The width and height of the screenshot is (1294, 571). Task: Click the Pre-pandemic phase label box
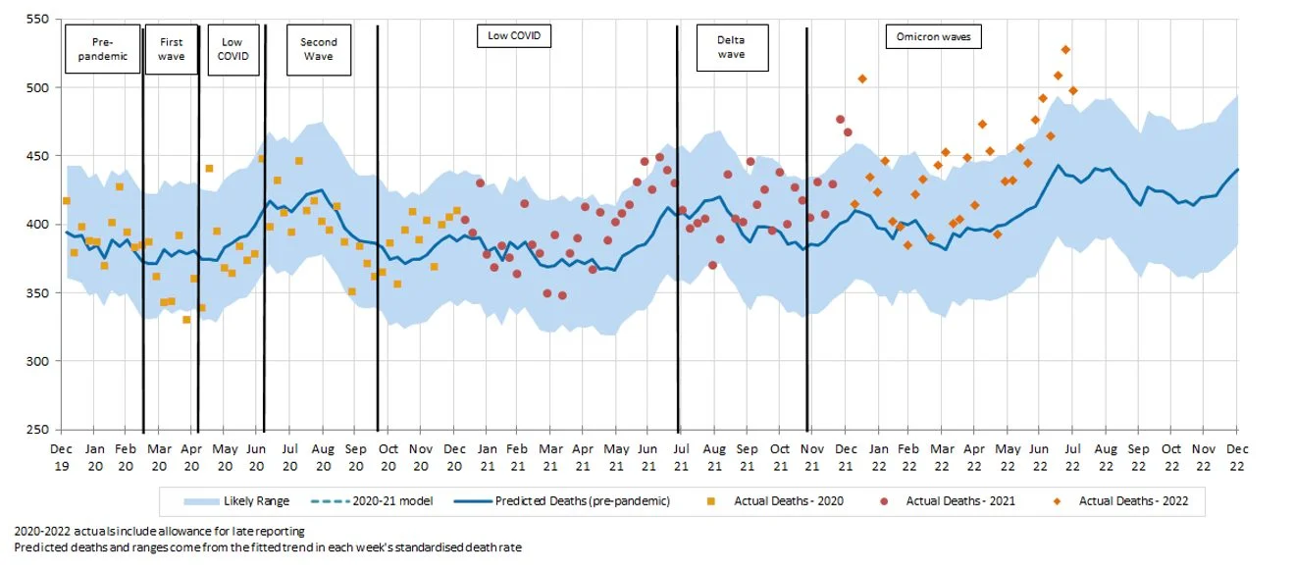[x=103, y=49]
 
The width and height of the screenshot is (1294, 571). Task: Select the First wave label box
[x=171, y=49]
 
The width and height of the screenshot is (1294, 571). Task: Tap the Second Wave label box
[x=319, y=49]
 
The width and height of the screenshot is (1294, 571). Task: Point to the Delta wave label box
[x=731, y=48]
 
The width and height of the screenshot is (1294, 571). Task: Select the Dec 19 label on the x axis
[x=62, y=456]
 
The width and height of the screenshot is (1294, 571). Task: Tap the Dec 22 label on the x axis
[x=1237, y=456]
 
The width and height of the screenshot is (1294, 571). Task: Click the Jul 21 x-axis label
[x=681, y=456]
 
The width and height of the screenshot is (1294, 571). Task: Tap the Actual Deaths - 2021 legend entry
[x=947, y=501]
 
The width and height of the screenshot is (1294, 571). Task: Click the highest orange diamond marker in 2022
[x=1065, y=50]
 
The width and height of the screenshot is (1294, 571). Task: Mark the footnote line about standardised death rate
[x=267, y=547]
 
